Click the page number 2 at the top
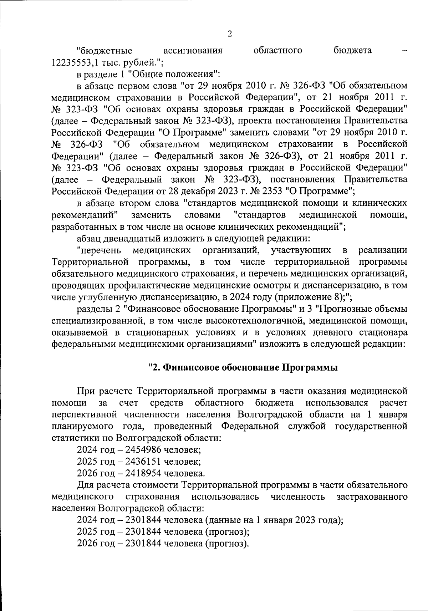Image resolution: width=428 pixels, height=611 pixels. click(229, 34)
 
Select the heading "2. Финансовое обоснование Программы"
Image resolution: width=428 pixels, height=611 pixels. click(243, 368)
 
